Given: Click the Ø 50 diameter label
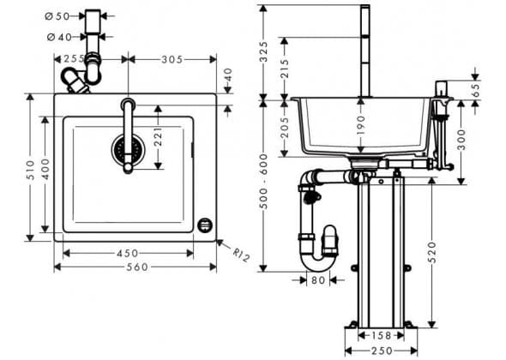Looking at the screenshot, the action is [x=57, y=16].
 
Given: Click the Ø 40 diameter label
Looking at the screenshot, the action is [x=59, y=38].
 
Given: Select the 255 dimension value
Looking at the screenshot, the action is [x=74, y=59].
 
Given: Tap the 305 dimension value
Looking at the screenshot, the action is [x=172, y=59].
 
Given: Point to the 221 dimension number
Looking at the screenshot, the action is [x=158, y=137].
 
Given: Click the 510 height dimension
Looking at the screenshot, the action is [x=30, y=170].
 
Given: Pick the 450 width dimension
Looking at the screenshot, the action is [x=128, y=253].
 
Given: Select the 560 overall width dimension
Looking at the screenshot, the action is [x=137, y=267].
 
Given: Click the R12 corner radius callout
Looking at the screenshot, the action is [x=241, y=255].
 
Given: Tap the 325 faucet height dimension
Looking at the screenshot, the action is [x=264, y=51].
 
